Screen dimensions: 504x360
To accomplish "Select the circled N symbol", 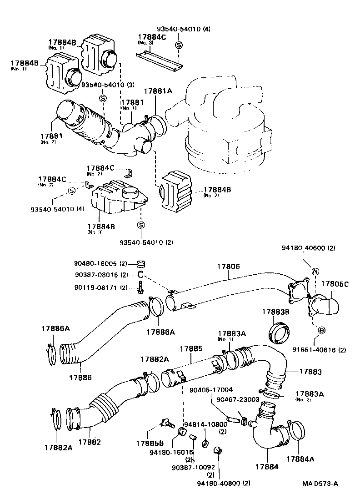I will [x=314, y=272].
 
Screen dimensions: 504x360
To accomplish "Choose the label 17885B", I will [x=150, y=443].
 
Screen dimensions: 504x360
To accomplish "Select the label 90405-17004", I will [x=212, y=390].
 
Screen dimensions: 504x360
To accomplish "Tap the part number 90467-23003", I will [x=238, y=399].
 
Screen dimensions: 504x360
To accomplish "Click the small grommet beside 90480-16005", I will [x=140, y=264].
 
